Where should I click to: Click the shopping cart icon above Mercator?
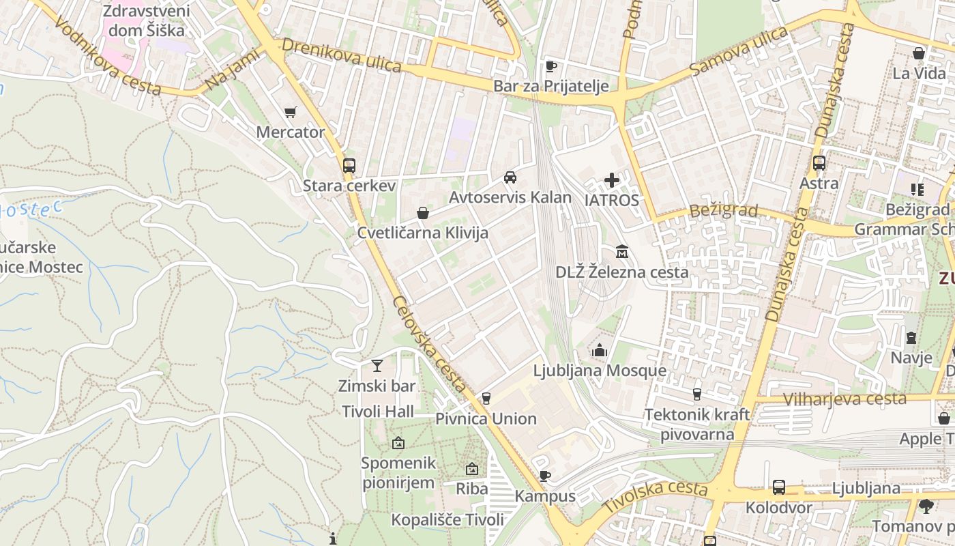[x=291, y=113]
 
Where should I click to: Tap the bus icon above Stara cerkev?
[x=349, y=165]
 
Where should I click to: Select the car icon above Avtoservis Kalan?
[x=510, y=177]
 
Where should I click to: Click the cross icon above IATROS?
[x=612, y=180]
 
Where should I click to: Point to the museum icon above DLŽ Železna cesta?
[x=621, y=253]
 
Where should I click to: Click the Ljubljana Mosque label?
[x=600, y=371]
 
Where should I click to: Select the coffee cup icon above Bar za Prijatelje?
[x=551, y=66]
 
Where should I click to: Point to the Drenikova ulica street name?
[x=342, y=55]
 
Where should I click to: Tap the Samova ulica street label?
[x=738, y=52]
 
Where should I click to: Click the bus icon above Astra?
[x=819, y=163]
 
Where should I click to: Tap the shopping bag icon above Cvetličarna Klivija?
[x=423, y=214]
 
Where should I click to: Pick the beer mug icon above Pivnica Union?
[x=486, y=399]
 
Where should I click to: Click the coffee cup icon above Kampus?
[x=544, y=476]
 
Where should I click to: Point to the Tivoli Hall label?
[x=378, y=412]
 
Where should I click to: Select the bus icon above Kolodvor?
[x=778, y=487]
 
